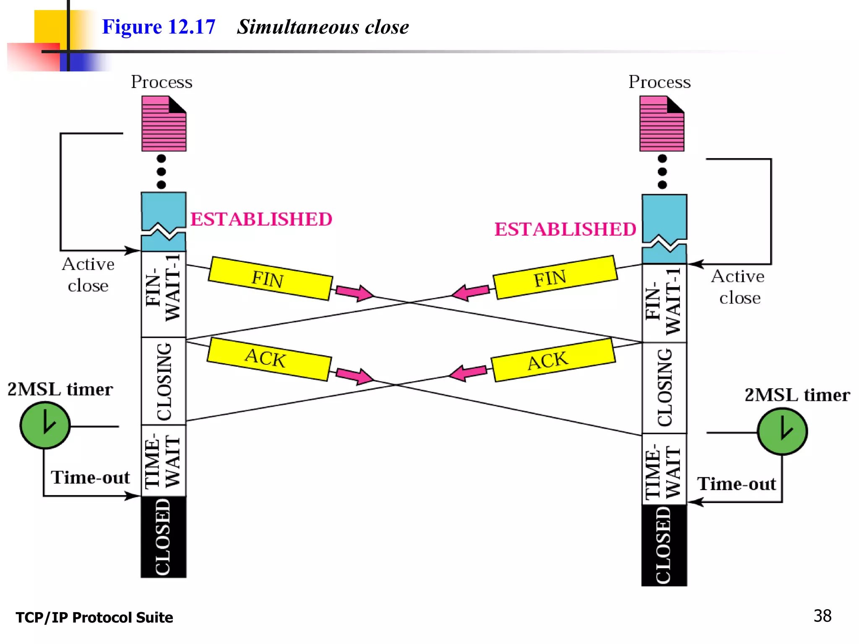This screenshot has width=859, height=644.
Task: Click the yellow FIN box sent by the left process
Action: pos(270,278)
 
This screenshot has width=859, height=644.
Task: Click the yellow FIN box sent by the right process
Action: pos(555,277)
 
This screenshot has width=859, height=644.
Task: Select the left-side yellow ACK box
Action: pos(268,359)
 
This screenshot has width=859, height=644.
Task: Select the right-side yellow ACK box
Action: pos(553,360)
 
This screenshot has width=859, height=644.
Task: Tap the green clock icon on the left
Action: pos(45,425)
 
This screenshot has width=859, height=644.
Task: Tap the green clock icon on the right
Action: pos(782,431)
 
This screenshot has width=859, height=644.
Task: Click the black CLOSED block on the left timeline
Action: pos(164,537)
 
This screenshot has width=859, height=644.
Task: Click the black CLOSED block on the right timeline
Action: pos(664,545)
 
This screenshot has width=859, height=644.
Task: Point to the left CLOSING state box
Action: pos(164,381)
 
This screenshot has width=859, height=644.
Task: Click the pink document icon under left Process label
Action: pos(164,124)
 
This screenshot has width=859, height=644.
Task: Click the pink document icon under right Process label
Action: pos(661,124)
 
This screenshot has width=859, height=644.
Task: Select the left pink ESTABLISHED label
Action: pos(261,219)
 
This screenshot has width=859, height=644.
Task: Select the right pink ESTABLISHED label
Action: pos(565,229)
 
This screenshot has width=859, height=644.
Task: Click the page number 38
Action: pos(822,616)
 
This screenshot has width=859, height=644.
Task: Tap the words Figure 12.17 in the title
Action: pos(159,27)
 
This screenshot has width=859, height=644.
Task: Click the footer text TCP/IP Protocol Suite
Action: pos(94,618)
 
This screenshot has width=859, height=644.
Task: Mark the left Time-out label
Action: pos(90,478)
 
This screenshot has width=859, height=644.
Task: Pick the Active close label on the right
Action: pos(738,287)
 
